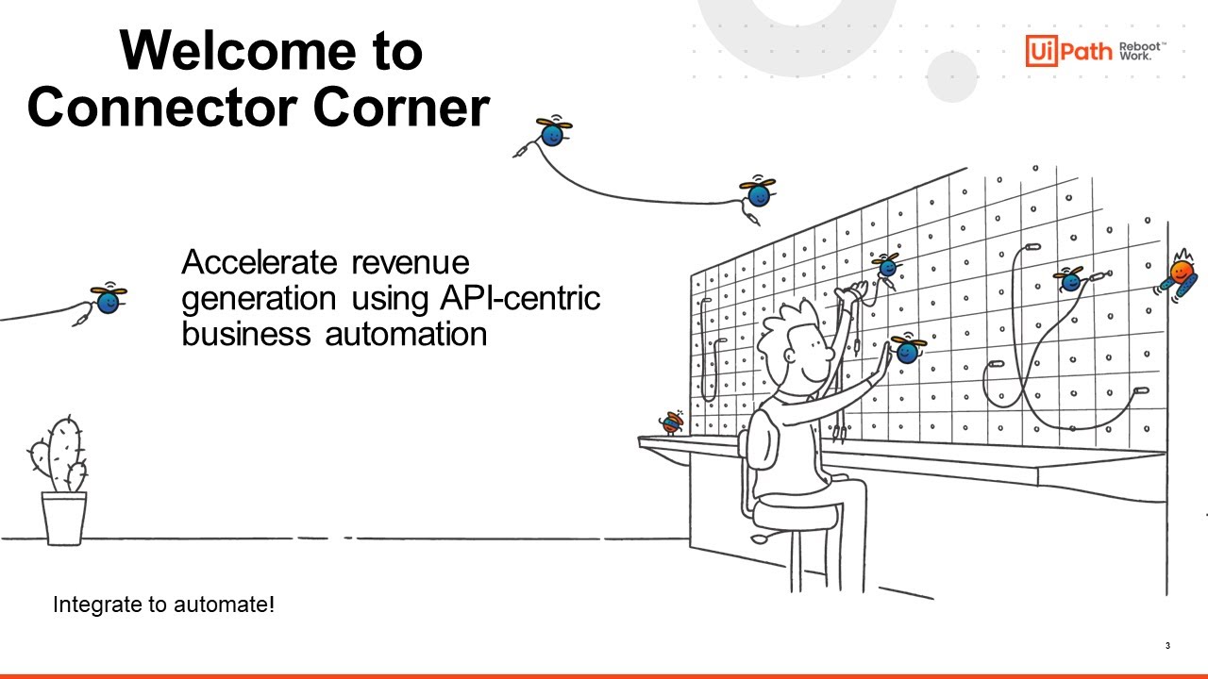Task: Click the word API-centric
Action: click(x=520, y=298)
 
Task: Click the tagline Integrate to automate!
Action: click(x=163, y=604)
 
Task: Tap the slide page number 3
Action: click(x=1167, y=646)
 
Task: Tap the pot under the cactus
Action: click(x=63, y=519)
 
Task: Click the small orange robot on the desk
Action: click(x=672, y=422)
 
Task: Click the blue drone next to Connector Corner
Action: click(x=552, y=133)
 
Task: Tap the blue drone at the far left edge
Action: click(x=108, y=301)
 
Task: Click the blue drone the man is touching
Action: click(x=907, y=351)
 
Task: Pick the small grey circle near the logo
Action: click(x=951, y=76)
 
